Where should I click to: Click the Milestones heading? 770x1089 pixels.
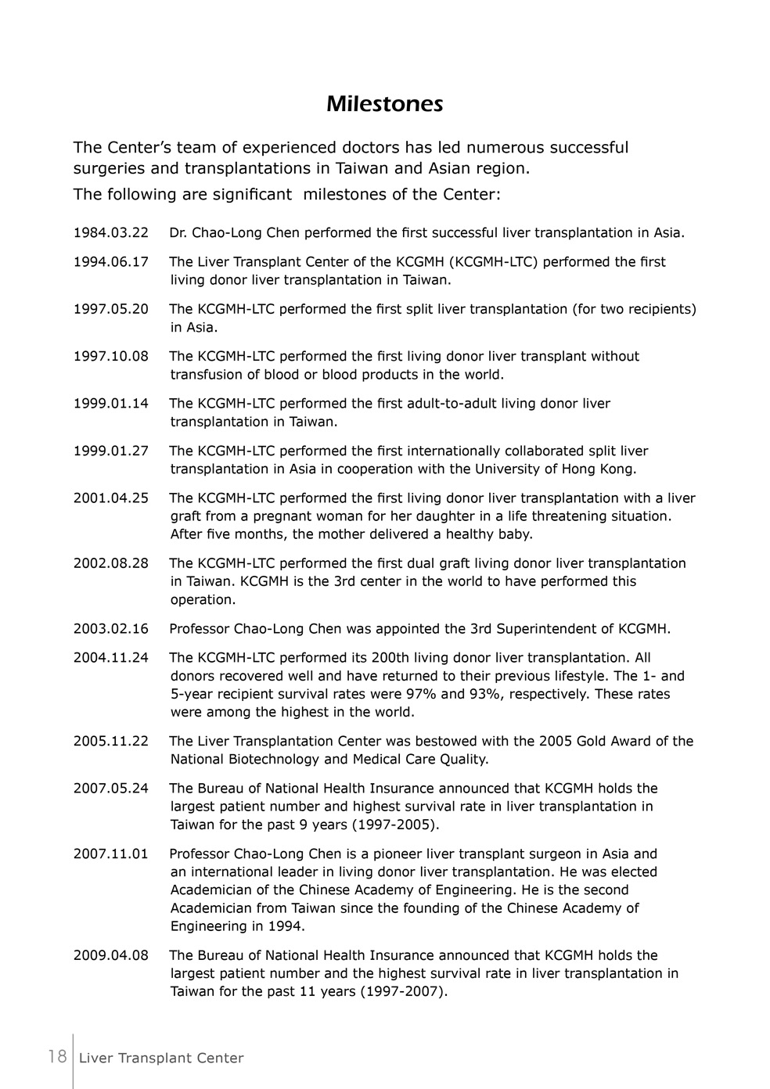(384, 104)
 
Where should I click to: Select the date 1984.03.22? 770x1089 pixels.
(111, 232)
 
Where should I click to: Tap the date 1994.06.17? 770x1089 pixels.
(111, 262)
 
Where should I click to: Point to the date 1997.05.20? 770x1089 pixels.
(111, 309)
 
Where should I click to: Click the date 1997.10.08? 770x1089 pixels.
(111, 357)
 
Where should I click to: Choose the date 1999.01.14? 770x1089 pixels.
(111, 404)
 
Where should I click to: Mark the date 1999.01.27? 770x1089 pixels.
(111, 451)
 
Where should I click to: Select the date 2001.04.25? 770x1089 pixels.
(111, 498)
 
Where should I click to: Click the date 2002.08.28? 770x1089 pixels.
(111, 563)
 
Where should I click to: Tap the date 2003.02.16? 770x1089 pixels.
(111, 629)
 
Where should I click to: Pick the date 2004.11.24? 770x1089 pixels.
(111, 658)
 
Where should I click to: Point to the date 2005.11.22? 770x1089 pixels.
(111, 742)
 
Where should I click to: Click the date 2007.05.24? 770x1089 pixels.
(111, 789)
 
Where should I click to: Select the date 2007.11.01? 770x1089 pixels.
(111, 854)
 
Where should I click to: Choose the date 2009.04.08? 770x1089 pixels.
(111, 956)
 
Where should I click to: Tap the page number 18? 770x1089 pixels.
(57, 1057)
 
